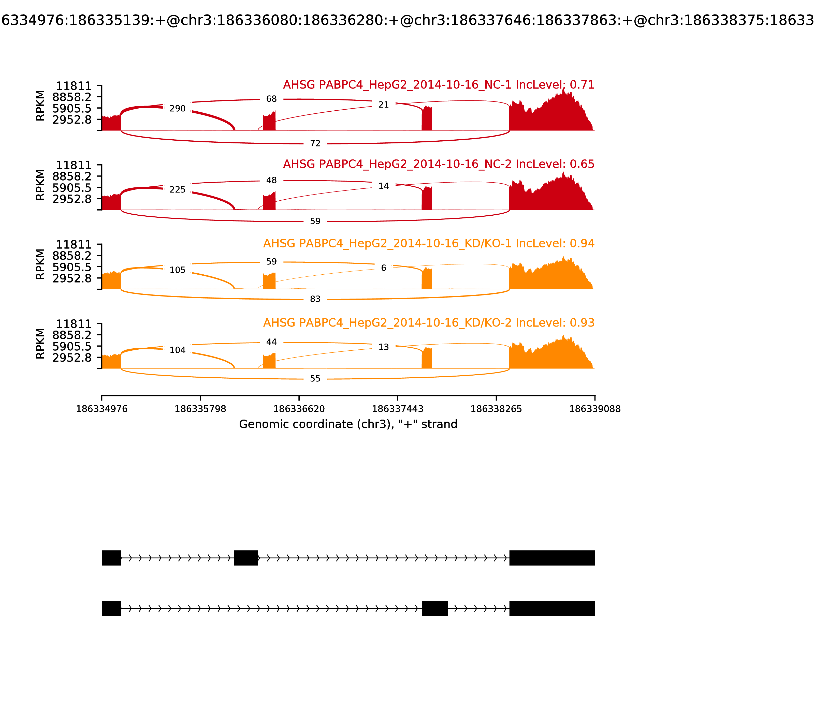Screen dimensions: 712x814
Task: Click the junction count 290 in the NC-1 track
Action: tap(177, 109)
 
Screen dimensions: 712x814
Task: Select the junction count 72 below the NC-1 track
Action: tap(315, 143)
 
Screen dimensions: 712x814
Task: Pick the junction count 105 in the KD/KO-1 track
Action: tap(177, 270)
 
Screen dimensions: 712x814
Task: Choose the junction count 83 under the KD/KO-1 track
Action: tap(315, 299)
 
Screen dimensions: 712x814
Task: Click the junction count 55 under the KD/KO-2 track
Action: tap(315, 379)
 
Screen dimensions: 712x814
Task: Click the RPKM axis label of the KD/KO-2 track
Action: tap(40, 344)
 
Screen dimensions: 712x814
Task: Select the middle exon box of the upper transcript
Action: tap(246, 558)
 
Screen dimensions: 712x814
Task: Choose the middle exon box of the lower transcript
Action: tap(435, 608)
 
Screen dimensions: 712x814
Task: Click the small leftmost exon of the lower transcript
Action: tap(111, 608)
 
